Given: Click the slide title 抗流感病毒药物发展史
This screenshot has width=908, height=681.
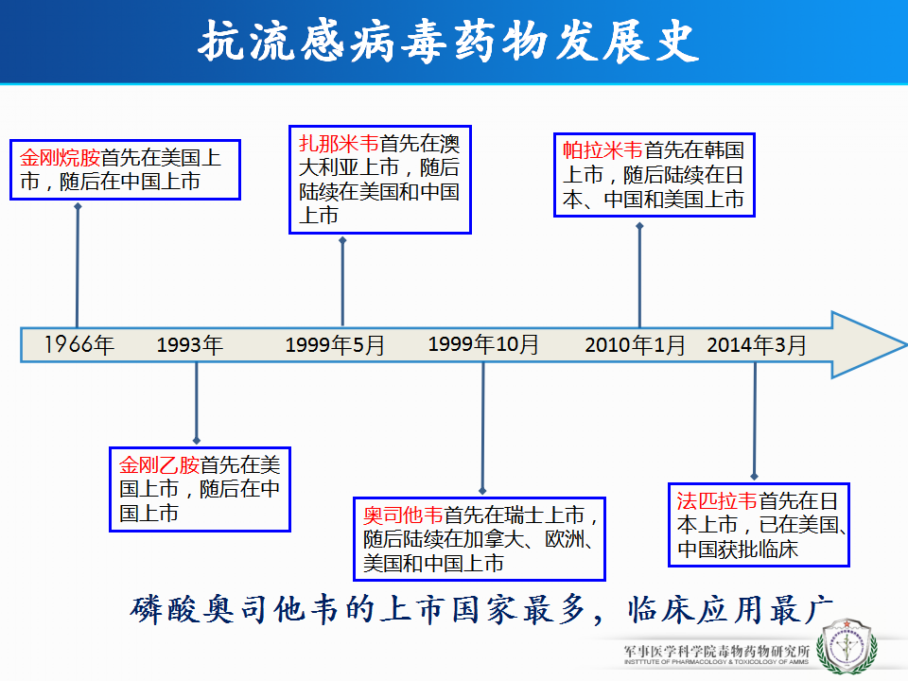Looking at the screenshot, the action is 448,41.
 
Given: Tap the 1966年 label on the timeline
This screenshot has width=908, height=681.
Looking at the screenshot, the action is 79,344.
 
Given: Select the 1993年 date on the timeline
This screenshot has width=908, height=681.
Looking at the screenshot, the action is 190,345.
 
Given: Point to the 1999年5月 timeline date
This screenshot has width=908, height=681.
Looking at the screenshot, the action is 335,345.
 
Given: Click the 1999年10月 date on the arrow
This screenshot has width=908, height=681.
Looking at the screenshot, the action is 483,344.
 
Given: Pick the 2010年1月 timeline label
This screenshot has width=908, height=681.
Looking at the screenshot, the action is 635,345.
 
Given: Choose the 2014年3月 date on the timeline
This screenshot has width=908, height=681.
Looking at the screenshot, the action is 757,345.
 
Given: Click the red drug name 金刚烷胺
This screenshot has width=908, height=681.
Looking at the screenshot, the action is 61,158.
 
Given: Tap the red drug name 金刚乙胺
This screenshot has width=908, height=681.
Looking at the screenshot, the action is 159,465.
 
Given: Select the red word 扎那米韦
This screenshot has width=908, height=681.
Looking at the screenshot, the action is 339,144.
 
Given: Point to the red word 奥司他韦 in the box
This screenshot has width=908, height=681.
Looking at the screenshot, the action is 403,515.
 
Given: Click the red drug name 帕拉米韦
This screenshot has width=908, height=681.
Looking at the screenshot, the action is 602,150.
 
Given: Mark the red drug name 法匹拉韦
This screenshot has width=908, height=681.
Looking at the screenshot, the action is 717,501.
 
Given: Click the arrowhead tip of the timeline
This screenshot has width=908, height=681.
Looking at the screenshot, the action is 906,345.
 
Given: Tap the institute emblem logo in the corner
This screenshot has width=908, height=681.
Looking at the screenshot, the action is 847,646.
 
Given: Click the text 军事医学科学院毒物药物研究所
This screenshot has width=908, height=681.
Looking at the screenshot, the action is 717,652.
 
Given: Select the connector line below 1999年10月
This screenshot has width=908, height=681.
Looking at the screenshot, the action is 483,428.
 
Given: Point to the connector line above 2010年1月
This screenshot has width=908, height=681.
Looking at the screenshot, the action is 639,275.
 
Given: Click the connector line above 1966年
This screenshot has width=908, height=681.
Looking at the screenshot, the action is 77,266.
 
